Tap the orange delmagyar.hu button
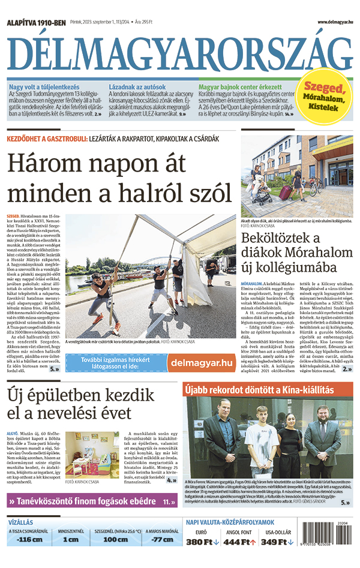click(202, 362)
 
